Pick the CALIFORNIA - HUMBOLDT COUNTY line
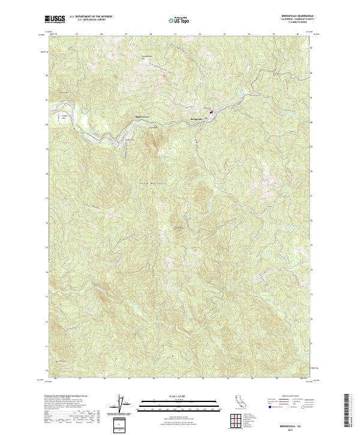click(298, 19)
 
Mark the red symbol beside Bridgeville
click(211, 110)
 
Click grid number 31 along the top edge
click(175, 34)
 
